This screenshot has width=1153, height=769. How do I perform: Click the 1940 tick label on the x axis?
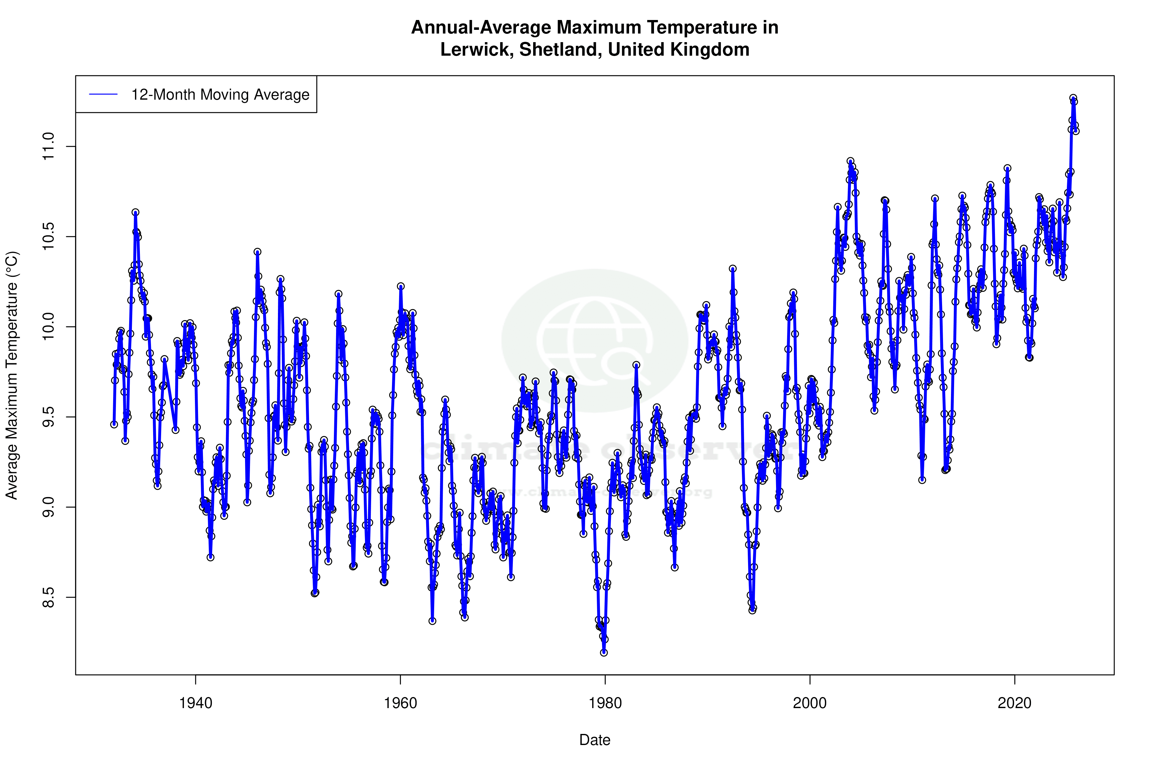tap(196, 703)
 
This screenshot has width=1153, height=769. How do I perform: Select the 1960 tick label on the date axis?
tap(401, 703)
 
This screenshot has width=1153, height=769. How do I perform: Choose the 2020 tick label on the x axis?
tap(1014, 703)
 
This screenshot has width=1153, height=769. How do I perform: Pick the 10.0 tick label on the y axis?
tap(49, 327)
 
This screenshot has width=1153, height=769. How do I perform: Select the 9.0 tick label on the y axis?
tap(49, 507)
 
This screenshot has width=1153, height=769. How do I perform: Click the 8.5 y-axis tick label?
tap(49, 597)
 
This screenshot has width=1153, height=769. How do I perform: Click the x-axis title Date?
tap(595, 740)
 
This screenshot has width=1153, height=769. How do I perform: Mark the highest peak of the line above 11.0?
tap(1073, 98)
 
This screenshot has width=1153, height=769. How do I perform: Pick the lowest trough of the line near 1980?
tap(604, 652)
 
